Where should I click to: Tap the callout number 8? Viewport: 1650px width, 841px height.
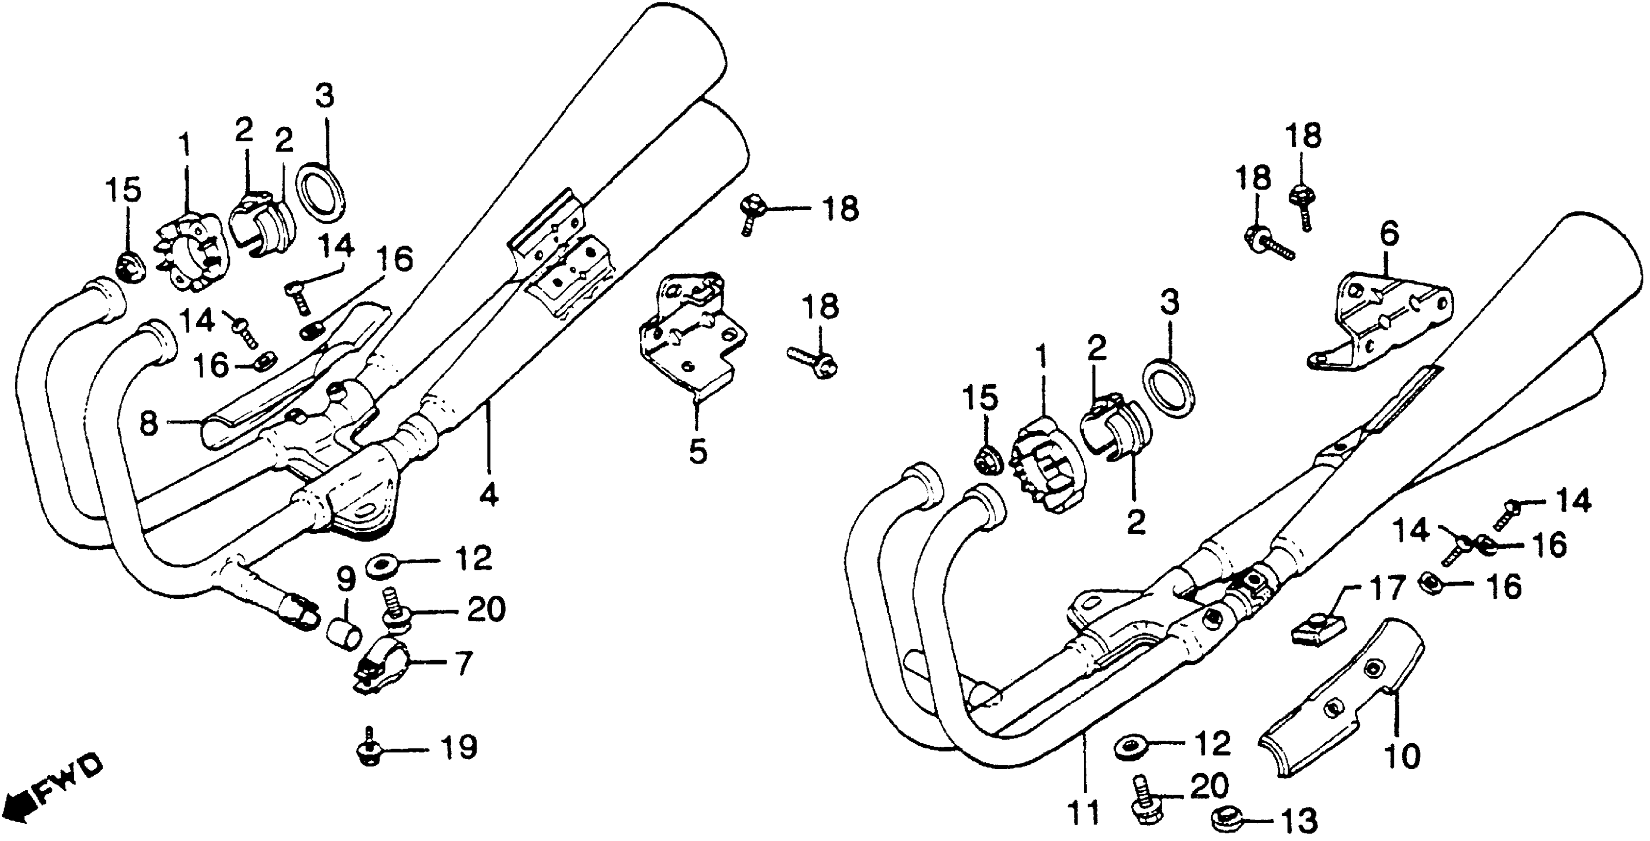pyautogui.click(x=149, y=423)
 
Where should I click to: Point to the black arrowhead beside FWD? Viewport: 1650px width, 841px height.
pyautogui.click(x=18, y=806)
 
